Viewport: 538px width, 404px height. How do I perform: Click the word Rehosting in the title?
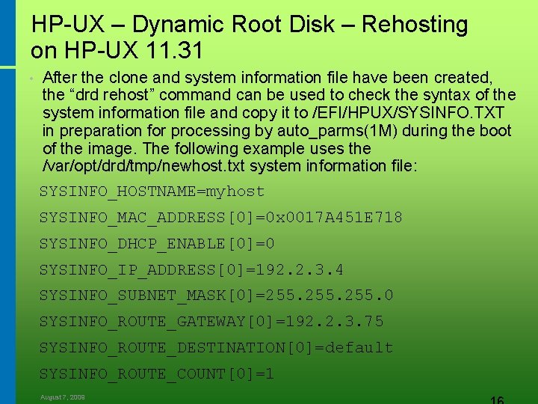[x=415, y=25]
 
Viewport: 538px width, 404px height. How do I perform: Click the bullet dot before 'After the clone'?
[x=27, y=78]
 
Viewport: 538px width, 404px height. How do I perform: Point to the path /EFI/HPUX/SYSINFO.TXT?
[x=407, y=113]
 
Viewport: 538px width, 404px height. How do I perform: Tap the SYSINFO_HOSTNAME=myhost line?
[x=152, y=192]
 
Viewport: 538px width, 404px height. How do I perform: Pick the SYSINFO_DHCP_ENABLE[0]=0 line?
[x=157, y=244]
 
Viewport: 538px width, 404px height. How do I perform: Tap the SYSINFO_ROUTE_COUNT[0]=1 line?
[x=157, y=373]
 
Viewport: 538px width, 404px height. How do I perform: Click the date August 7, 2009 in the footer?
[x=63, y=397]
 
